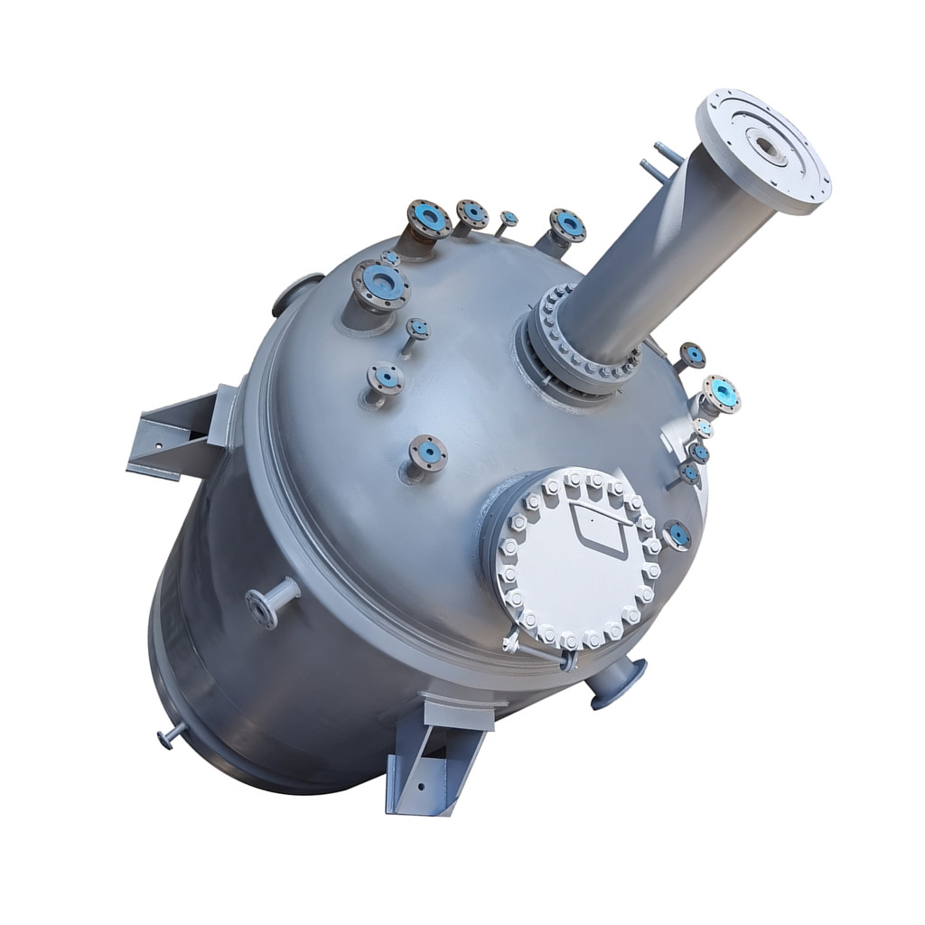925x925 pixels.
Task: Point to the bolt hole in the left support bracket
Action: [x=156, y=445]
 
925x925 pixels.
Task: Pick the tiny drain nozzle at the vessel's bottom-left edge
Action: [x=171, y=736]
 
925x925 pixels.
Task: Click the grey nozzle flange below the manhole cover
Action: [x=618, y=681]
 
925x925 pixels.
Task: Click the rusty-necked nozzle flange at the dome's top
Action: [x=428, y=220]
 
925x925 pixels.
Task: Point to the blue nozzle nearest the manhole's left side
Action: [x=427, y=453]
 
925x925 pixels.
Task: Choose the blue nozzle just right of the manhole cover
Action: [x=677, y=536]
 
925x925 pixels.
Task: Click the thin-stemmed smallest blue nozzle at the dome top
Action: [x=508, y=220]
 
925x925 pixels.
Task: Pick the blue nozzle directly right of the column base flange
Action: [x=691, y=355]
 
